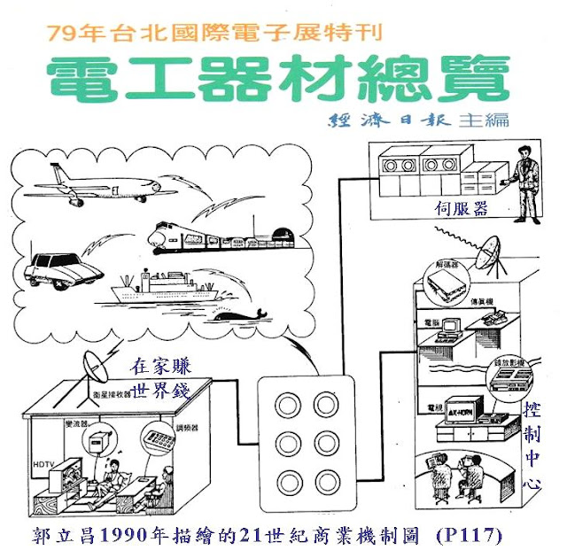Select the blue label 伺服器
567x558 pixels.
click(x=461, y=209)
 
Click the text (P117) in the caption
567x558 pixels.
click(x=470, y=536)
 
